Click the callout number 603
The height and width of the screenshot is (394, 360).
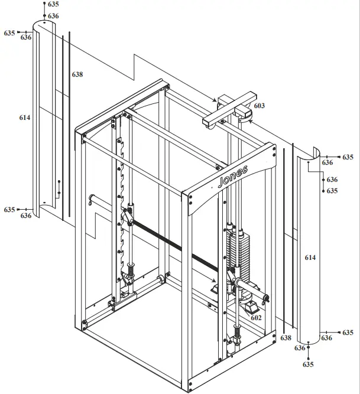tap(260, 106)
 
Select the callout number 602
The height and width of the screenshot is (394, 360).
tap(256, 317)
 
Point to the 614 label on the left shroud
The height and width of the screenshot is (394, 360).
tap(24, 118)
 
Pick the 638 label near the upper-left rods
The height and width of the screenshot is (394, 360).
tap(77, 74)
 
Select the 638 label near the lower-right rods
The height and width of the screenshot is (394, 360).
tap(286, 337)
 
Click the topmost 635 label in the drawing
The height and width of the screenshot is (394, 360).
tap(53, 4)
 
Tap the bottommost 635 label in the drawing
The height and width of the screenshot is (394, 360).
tap(308, 364)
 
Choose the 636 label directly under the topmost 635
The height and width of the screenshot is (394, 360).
tap(53, 16)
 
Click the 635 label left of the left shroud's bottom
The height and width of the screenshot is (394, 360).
tap(9, 210)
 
